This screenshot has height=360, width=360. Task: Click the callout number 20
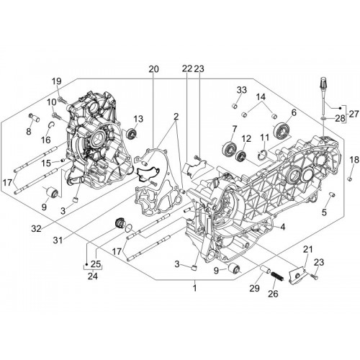(153, 69)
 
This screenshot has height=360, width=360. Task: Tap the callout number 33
(242, 90)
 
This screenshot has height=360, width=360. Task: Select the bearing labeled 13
(132, 133)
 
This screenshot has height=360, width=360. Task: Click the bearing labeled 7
(227, 149)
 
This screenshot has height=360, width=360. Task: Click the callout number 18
(354, 160)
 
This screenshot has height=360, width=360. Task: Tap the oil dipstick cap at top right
(324, 81)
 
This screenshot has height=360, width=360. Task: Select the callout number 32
(36, 229)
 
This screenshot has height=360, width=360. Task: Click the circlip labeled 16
(51, 125)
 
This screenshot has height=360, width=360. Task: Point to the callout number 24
(93, 276)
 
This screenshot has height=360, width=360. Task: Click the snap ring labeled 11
(264, 155)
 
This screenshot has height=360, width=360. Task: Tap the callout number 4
(283, 227)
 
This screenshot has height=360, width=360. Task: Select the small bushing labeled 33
(235, 105)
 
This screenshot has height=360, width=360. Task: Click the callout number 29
(254, 288)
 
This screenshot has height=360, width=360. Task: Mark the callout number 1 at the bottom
(195, 288)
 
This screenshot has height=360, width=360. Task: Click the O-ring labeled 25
(129, 228)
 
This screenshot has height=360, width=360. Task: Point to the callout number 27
(354, 114)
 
